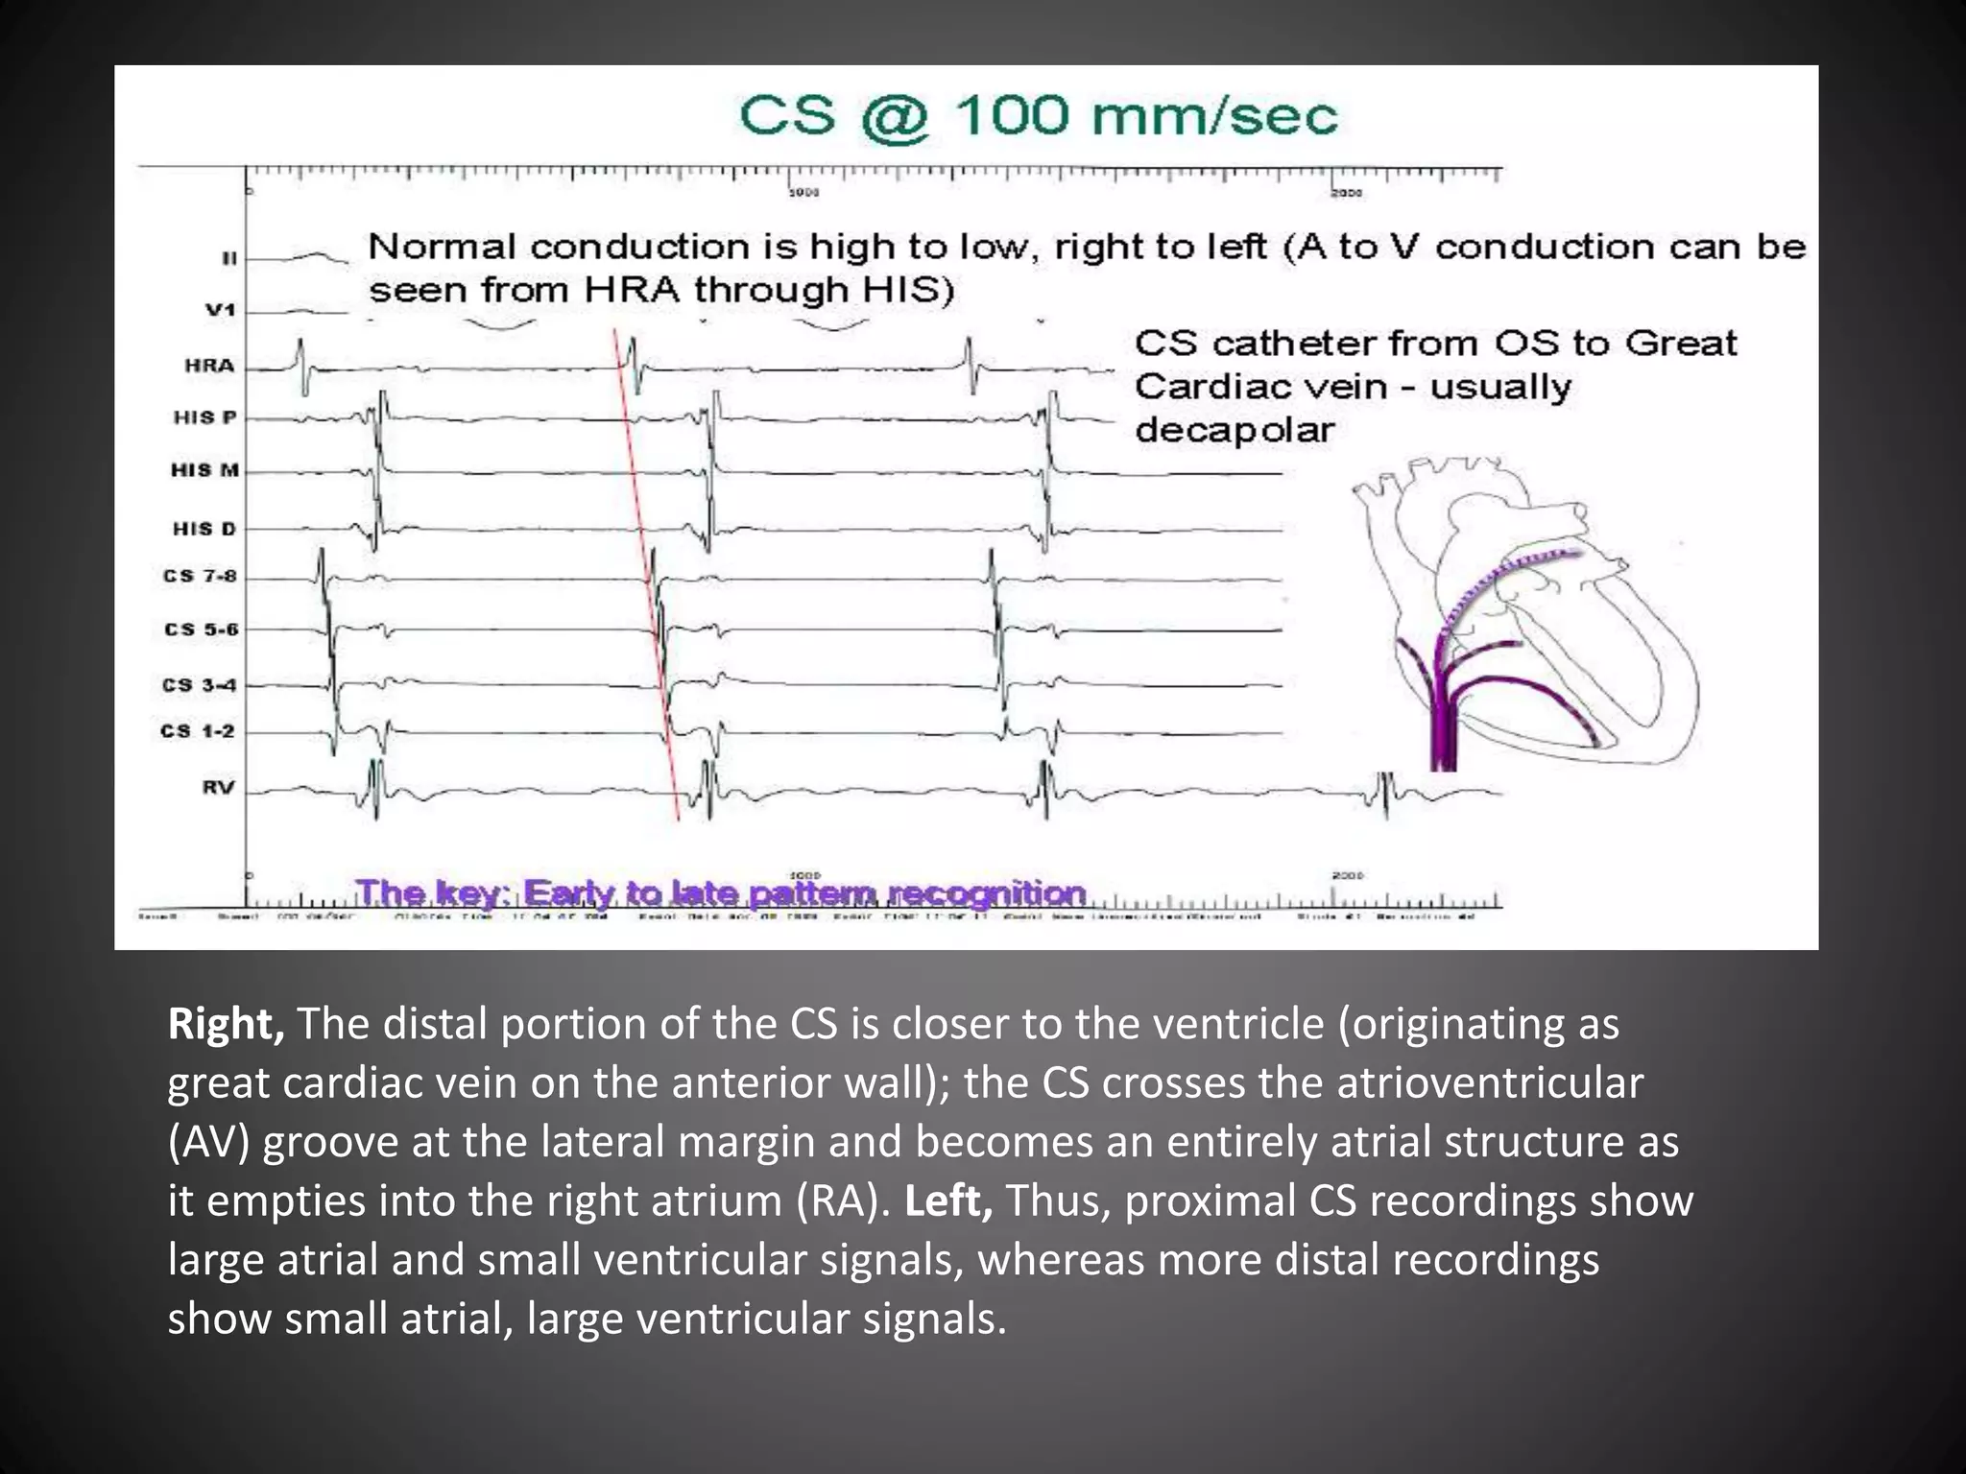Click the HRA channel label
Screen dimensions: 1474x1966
(x=209, y=366)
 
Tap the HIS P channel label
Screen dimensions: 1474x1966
(x=204, y=417)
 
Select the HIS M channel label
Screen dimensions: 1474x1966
(x=204, y=470)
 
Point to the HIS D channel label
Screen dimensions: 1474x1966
(x=204, y=529)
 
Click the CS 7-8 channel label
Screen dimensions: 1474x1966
(x=200, y=576)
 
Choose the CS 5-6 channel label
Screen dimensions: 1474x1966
(x=201, y=630)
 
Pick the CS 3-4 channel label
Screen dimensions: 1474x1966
(x=199, y=685)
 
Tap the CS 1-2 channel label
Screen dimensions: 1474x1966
(x=198, y=731)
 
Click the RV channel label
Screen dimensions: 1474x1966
(x=218, y=788)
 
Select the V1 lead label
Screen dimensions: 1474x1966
(x=220, y=310)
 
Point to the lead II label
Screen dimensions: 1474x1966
(x=229, y=258)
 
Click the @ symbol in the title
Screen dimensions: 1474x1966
(x=894, y=118)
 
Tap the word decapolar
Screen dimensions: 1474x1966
(x=1235, y=430)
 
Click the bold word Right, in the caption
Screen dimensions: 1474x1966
(x=226, y=1025)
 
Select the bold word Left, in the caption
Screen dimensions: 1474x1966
(x=947, y=1201)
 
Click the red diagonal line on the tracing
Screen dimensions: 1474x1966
(x=648, y=576)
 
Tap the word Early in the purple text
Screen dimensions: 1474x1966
(x=568, y=893)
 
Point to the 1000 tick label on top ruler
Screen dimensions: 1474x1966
(x=803, y=193)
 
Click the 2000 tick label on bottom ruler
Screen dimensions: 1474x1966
(x=1347, y=875)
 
